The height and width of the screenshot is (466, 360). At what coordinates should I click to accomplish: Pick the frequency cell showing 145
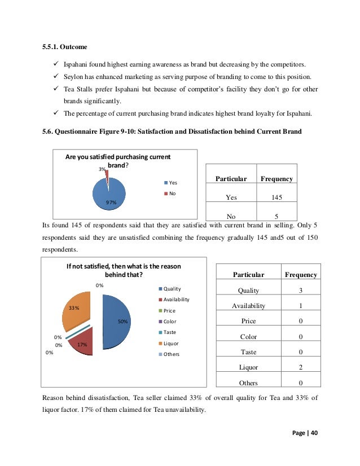coord(276,197)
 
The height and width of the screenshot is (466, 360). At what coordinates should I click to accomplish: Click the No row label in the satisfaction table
coord(231,216)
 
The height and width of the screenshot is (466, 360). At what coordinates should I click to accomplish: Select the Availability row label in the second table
coord(249,306)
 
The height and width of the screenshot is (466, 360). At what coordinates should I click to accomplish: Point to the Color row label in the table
coord(249,337)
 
